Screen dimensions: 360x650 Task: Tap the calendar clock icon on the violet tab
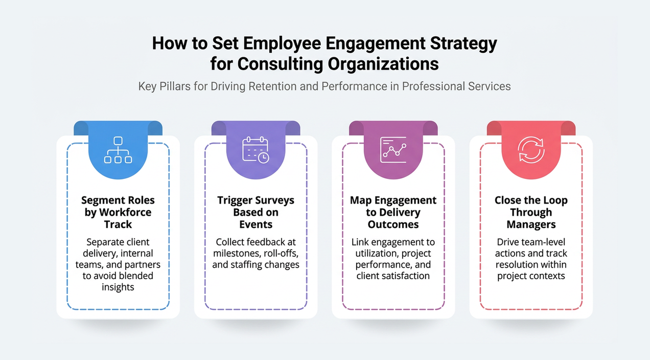(256, 149)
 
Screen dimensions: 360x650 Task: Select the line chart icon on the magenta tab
(393, 149)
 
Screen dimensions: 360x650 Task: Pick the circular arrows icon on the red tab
(531, 149)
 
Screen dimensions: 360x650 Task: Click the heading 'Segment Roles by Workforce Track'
(118, 212)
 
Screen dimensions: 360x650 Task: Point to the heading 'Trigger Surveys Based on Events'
(256, 212)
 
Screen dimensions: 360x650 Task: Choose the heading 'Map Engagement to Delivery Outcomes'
(393, 212)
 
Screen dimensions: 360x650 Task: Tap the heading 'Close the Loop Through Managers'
(531, 212)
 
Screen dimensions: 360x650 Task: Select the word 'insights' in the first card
(118, 287)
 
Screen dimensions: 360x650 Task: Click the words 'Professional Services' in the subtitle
(456, 86)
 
